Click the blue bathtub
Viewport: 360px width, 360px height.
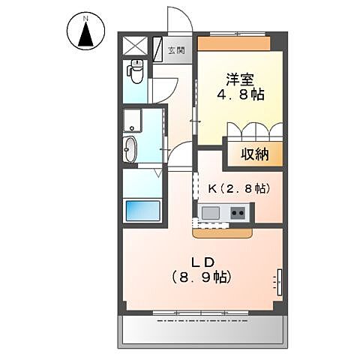pos(142,210)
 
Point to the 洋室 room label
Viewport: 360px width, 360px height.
pos(240,78)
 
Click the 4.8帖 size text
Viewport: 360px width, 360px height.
pos(241,95)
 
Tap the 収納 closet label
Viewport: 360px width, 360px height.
pos(256,155)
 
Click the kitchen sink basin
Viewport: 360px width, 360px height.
pos(211,213)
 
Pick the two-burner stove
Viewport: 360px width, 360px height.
pos(238,214)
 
